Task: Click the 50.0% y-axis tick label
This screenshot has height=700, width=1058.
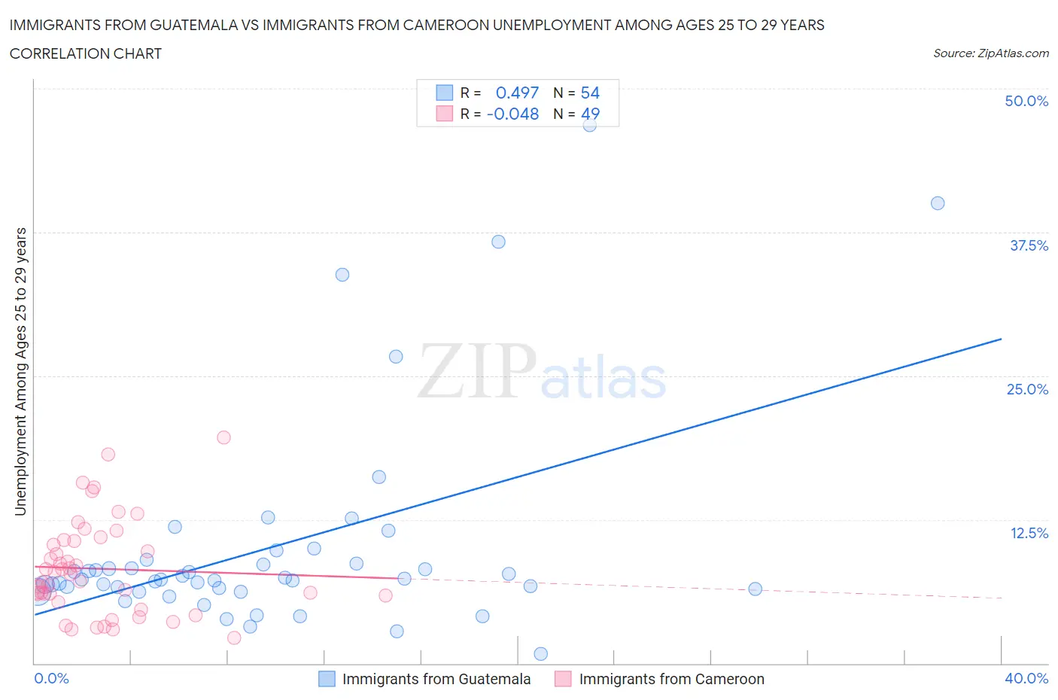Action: pos(1026,101)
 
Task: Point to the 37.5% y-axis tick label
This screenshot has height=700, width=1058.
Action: pos(1029,245)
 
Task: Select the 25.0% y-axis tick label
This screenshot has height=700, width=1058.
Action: pos(1027,389)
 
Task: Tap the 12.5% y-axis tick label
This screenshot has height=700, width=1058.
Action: pos(1029,533)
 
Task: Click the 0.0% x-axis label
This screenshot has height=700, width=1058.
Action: pos(51,678)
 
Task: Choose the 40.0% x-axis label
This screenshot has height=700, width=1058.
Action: pos(1026,678)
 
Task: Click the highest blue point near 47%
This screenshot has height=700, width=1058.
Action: pos(590,125)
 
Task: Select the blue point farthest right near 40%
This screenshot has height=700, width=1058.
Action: pos(938,203)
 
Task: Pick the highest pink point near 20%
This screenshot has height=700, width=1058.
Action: pos(223,437)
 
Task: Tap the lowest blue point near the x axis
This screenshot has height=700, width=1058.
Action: pos(540,653)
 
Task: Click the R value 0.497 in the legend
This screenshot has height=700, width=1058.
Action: pos(517,93)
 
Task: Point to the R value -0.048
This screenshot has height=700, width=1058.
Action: pos(512,114)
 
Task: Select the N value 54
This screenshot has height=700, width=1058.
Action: pos(590,93)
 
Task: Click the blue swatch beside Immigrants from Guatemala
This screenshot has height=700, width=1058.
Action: pos(327,679)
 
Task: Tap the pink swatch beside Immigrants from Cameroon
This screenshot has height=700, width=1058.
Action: pos(563,679)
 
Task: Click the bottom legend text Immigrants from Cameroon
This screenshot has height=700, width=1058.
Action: pos(671,679)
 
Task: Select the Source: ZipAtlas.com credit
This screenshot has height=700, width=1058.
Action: pos(990,53)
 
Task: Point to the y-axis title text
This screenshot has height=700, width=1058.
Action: pos(20,372)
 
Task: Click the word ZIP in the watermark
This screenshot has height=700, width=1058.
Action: pos(476,370)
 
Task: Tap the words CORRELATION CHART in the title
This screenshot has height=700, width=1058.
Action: pos(86,53)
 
